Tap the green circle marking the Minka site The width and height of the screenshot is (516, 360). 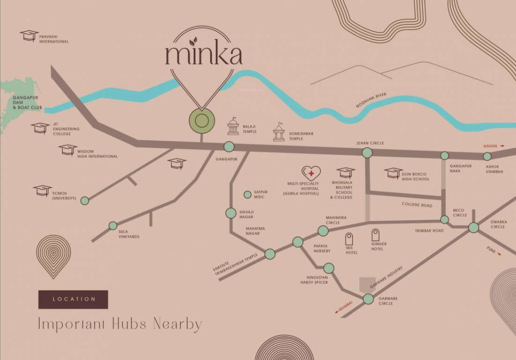tap(202, 120)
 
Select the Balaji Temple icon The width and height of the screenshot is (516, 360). tap(233, 127)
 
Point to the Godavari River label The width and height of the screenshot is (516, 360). tap(371, 100)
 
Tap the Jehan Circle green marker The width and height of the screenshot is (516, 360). tap(367, 152)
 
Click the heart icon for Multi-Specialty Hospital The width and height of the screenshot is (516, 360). tap(311, 173)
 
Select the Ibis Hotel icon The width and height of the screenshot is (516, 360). tap(349, 239)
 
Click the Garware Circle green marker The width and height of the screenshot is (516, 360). tap(368, 299)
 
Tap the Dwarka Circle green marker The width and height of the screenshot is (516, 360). tap(473, 228)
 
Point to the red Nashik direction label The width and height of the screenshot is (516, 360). tap(494, 146)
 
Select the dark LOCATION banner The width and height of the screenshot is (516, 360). tap(73, 299)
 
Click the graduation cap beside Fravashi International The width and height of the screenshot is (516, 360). tap(29, 36)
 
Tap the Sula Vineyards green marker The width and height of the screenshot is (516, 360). tap(113, 225)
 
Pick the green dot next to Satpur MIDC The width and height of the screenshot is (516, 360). tap(247, 195)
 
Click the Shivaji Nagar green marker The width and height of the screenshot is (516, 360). tap(231, 213)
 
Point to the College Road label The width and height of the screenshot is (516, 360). tap(417, 205)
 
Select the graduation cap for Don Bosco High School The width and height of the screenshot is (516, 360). tap(393, 173)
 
